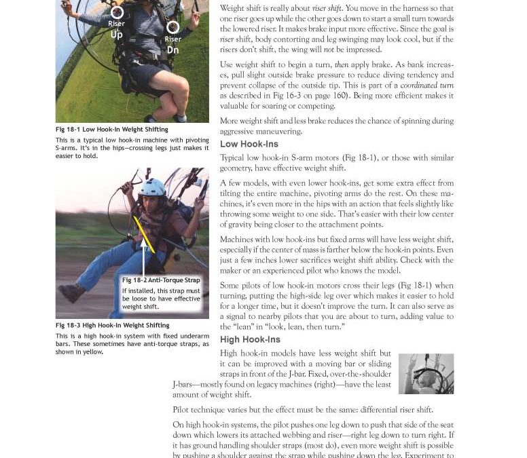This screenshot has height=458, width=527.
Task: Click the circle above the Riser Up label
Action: tap(117, 12)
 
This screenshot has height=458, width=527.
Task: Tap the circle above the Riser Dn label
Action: tap(173, 27)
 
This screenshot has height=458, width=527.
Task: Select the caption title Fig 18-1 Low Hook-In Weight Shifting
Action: tap(111, 130)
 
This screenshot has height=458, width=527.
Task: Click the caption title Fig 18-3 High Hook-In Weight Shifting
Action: tap(112, 326)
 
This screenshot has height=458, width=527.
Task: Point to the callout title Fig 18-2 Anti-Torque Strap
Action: tap(161, 280)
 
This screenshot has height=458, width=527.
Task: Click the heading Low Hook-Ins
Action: tap(249, 145)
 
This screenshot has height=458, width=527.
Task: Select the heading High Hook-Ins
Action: tap(250, 340)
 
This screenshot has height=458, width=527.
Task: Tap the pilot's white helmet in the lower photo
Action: tap(153, 187)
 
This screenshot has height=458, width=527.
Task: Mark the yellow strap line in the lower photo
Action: tap(144, 233)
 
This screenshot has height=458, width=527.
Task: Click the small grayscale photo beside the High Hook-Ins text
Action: tap(426, 373)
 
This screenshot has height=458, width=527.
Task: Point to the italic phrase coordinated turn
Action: tap(426, 85)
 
